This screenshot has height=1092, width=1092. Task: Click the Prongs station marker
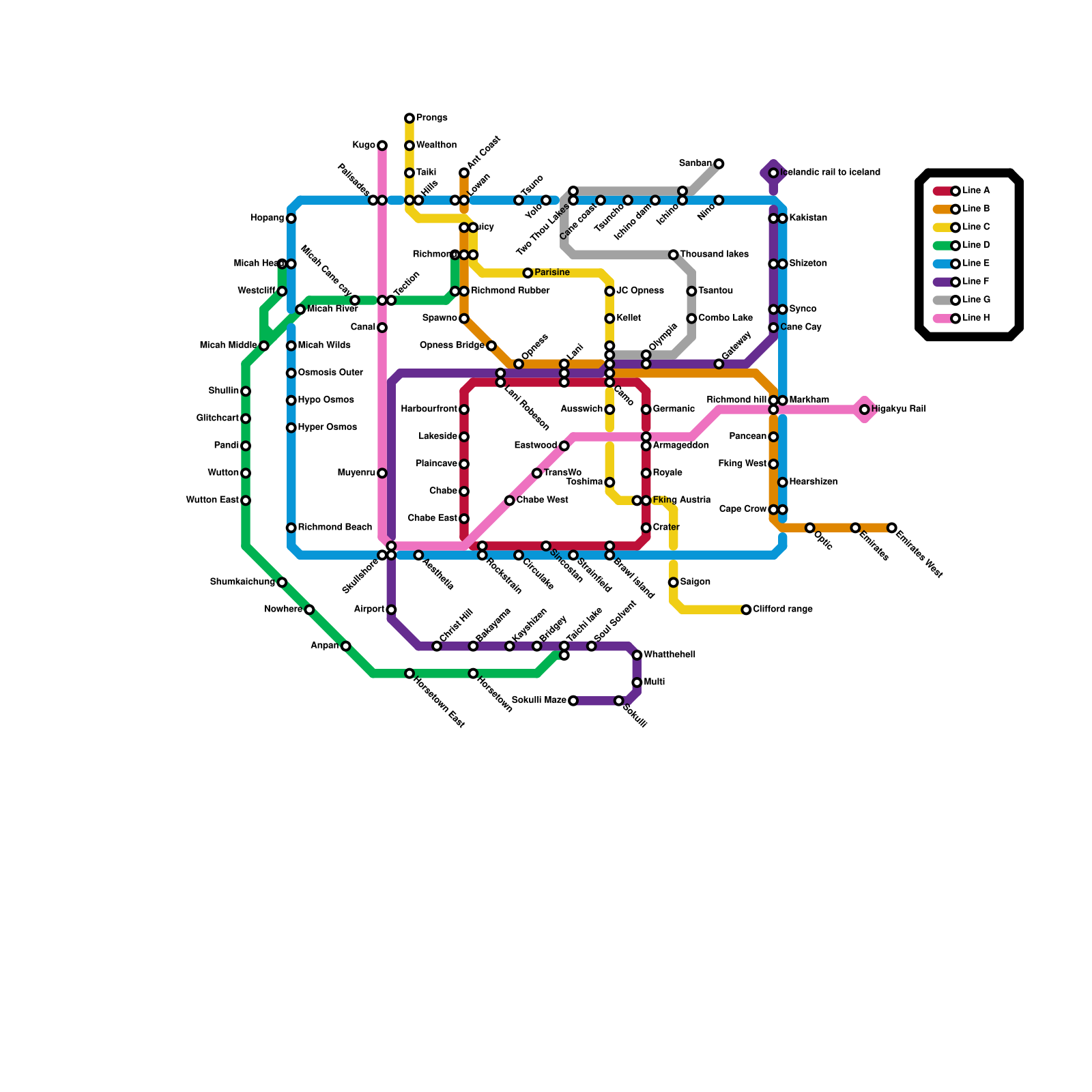pos(409,119)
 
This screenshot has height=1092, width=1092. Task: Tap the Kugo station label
pos(364,145)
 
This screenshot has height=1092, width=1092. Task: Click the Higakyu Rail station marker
pos(865,409)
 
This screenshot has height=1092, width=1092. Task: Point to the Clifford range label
pos(783,609)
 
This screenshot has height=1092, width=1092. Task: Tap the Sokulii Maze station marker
pos(573,701)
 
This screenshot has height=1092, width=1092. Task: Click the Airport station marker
pos(391,609)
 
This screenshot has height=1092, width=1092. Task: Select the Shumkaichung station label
pos(242,582)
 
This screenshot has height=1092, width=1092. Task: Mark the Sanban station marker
pos(719,164)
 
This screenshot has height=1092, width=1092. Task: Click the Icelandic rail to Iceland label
pos(830,173)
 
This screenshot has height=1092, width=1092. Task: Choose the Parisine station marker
pos(528,273)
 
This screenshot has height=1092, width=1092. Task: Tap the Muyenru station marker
pos(382,473)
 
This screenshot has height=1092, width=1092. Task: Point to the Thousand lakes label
pos(714,255)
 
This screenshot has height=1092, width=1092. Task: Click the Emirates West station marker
pos(892,528)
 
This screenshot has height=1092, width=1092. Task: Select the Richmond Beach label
pos(334,528)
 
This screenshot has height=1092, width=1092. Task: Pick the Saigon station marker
pos(674,582)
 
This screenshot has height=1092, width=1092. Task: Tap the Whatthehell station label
pos(670,655)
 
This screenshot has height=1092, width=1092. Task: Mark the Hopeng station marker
pos(291,218)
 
